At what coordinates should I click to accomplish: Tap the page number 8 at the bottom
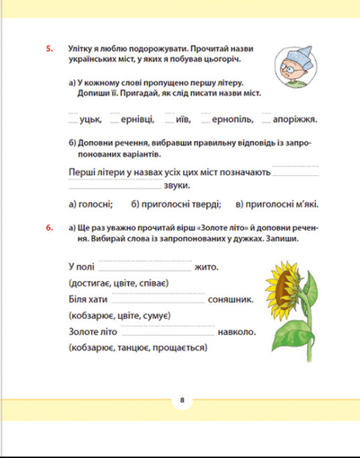tap(180, 400)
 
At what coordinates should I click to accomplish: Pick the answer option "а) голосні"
tap(90, 204)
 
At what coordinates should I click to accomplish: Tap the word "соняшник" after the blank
tap(231, 299)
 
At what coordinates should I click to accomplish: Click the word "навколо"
tap(237, 332)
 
